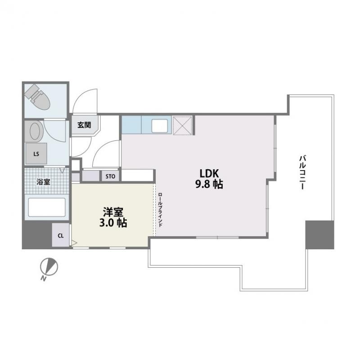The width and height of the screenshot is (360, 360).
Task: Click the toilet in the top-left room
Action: pyautogui.click(x=37, y=97)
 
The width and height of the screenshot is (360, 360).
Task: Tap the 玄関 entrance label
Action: pyautogui.click(x=84, y=125)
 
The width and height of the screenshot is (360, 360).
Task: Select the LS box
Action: pyautogui.click(x=36, y=153)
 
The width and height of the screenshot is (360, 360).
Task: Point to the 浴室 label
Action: pyautogui.click(x=43, y=182)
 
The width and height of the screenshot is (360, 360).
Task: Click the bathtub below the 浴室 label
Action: pyautogui.click(x=47, y=207)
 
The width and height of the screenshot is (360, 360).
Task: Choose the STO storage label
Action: pyautogui.click(x=110, y=176)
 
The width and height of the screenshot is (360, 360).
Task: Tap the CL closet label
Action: pyautogui.click(x=61, y=235)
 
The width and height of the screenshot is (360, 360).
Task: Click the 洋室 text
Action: pyautogui.click(x=113, y=212)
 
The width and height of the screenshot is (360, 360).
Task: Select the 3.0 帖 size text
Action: pyautogui.click(x=113, y=223)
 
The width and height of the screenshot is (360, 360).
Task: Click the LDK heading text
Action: pyautogui.click(x=209, y=174)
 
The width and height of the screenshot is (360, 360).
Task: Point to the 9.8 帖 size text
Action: pyautogui.click(x=209, y=184)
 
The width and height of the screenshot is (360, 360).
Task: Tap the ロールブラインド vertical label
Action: pyautogui.click(x=160, y=210)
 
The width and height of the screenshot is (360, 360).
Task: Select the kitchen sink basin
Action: pyautogui.click(x=159, y=126)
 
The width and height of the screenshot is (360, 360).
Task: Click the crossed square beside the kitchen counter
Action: pyautogui.click(x=182, y=126)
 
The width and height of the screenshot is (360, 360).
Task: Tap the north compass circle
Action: pyautogui.click(x=49, y=266)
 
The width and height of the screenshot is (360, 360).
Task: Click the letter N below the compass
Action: pyautogui.click(x=43, y=279)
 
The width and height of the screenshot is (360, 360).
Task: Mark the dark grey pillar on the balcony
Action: pyautogui.click(x=319, y=234)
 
